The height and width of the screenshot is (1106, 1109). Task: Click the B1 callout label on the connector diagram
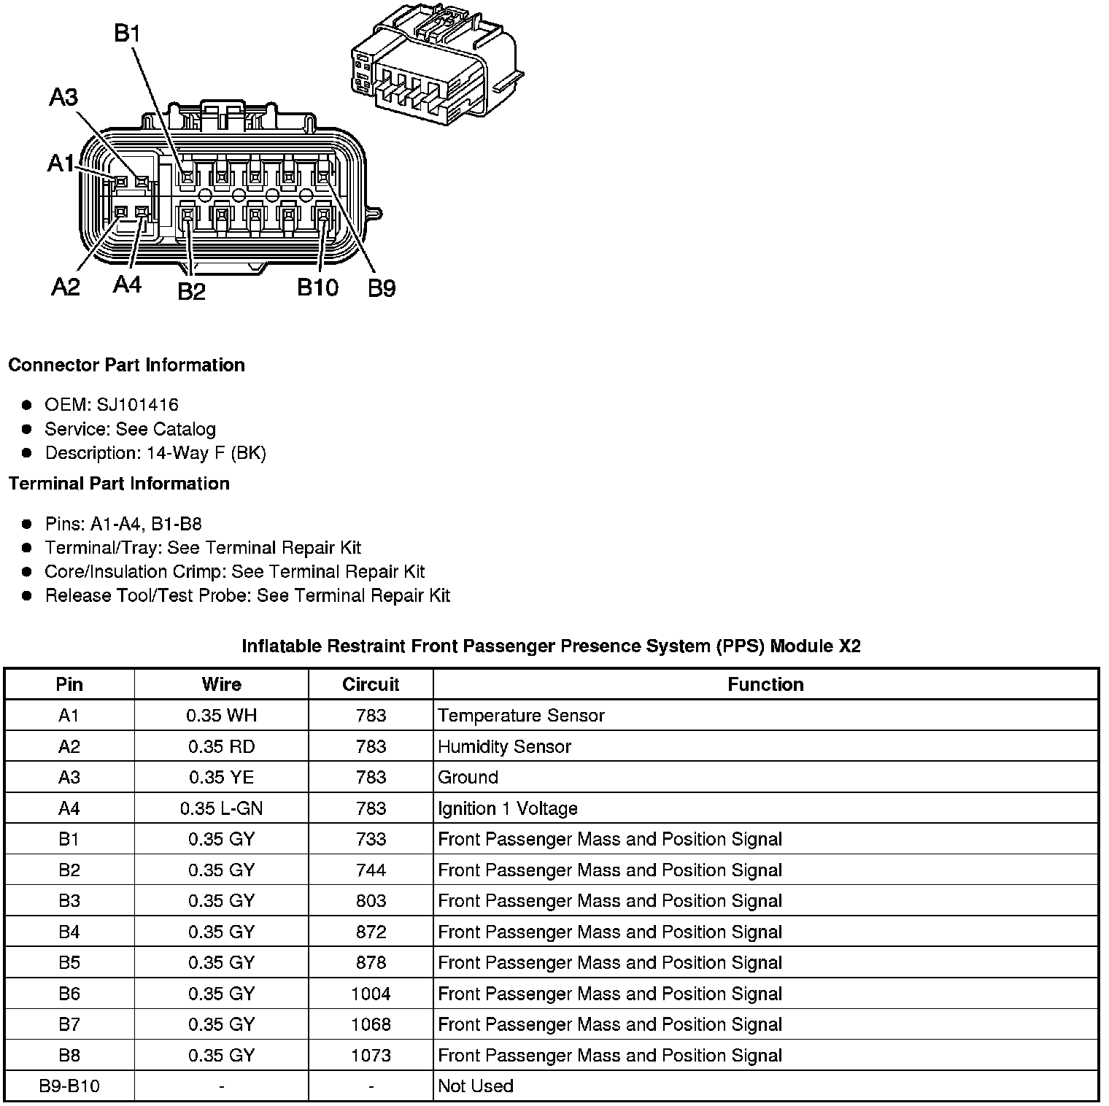pos(128,34)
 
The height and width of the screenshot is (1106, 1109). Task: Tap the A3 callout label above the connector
pos(64,96)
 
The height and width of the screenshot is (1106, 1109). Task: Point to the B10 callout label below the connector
pos(317,287)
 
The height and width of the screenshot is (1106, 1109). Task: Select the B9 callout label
pos(381,289)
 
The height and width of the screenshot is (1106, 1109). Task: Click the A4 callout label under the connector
pos(127,285)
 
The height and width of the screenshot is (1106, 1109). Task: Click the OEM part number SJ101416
pos(137,405)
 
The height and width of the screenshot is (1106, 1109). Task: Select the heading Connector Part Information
pos(126,365)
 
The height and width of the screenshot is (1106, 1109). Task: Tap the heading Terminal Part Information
pos(119,484)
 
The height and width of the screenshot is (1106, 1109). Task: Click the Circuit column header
pos(371,684)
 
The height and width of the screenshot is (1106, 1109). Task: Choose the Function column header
pos(765,684)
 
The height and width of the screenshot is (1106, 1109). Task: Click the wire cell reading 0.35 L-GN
pos(221,808)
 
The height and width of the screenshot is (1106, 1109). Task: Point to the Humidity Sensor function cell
pos(504,746)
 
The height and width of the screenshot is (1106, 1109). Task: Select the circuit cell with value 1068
pos(371,1024)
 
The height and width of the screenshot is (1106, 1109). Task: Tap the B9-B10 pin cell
pos(69,1086)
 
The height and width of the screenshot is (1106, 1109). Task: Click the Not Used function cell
pos(475,1086)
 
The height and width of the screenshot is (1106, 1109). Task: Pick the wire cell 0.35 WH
pos(221,716)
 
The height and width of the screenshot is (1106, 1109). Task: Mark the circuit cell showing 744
pos(371,870)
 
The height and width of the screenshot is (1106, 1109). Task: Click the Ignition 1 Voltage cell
pos(507,808)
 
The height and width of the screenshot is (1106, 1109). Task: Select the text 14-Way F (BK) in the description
pos(206,453)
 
